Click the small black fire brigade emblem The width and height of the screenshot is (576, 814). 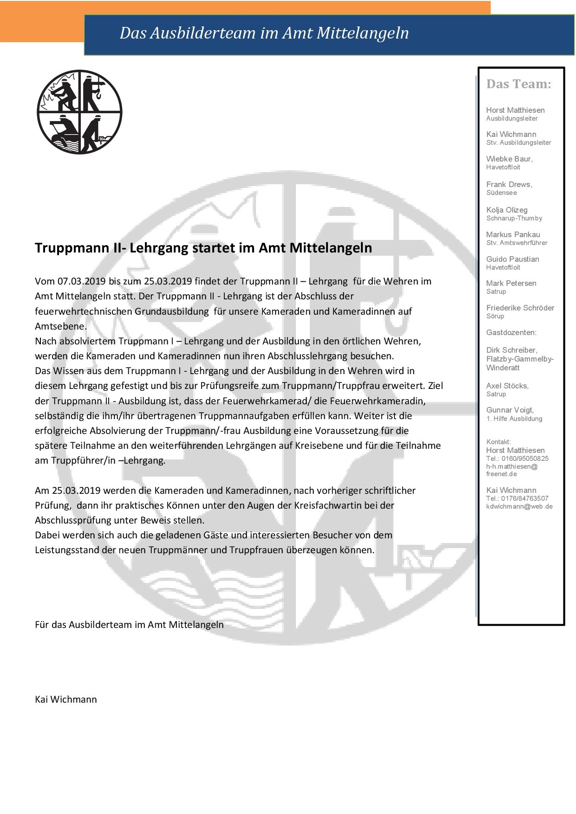(x=79, y=112)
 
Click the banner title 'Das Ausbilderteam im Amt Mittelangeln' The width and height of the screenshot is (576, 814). (x=264, y=33)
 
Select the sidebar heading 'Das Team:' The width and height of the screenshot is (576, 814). (x=518, y=84)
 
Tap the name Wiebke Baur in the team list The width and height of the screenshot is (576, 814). (x=508, y=159)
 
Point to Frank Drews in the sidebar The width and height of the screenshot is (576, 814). (x=508, y=184)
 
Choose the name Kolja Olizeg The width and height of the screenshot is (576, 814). (x=507, y=210)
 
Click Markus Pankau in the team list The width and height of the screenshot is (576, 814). (x=513, y=234)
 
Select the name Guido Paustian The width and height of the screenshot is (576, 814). (x=512, y=259)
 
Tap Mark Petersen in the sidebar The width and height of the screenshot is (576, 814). (x=511, y=283)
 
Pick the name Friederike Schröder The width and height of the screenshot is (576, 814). (x=520, y=308)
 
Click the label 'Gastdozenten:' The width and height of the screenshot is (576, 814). (x=511, y=332)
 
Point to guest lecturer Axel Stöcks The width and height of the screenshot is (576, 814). (x=507, y=386)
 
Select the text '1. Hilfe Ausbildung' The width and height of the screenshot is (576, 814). (x=514, y=419)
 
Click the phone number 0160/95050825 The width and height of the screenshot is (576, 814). (x=524, y=459)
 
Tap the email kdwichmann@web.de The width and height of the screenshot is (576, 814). (x=519, y=506)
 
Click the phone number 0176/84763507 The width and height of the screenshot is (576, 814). (x=524, y=498)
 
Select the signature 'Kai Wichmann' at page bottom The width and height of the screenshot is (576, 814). (x=66, y=699)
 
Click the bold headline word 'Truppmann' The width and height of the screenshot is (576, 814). (x=72, y=248)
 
